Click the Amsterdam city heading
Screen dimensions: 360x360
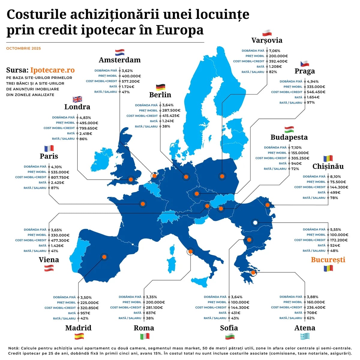tap(120, 60)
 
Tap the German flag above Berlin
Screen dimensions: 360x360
tap(160, 87)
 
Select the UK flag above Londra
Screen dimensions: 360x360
tap(77, 99)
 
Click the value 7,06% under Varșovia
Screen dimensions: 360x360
tap(274, 51)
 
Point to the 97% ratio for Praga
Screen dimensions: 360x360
tap(311, 103)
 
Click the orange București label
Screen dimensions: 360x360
tap(328, 260)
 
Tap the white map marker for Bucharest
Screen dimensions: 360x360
tap(255, 223)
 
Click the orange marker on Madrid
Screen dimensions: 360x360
tap(104, 257)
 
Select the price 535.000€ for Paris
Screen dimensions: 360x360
tap(60, 172)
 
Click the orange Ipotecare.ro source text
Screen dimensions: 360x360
tap(52, 70)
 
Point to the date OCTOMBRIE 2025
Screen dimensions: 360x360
tap(23, 48)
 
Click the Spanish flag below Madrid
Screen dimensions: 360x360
tap(79, 336)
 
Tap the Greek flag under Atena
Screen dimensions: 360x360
tap(305, 336)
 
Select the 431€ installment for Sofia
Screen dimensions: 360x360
tap(235, 313)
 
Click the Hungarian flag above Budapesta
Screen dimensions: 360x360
tap(289, 130)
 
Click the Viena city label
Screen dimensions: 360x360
tap(49, 260)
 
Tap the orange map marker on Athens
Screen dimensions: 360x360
tap(253, 272)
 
